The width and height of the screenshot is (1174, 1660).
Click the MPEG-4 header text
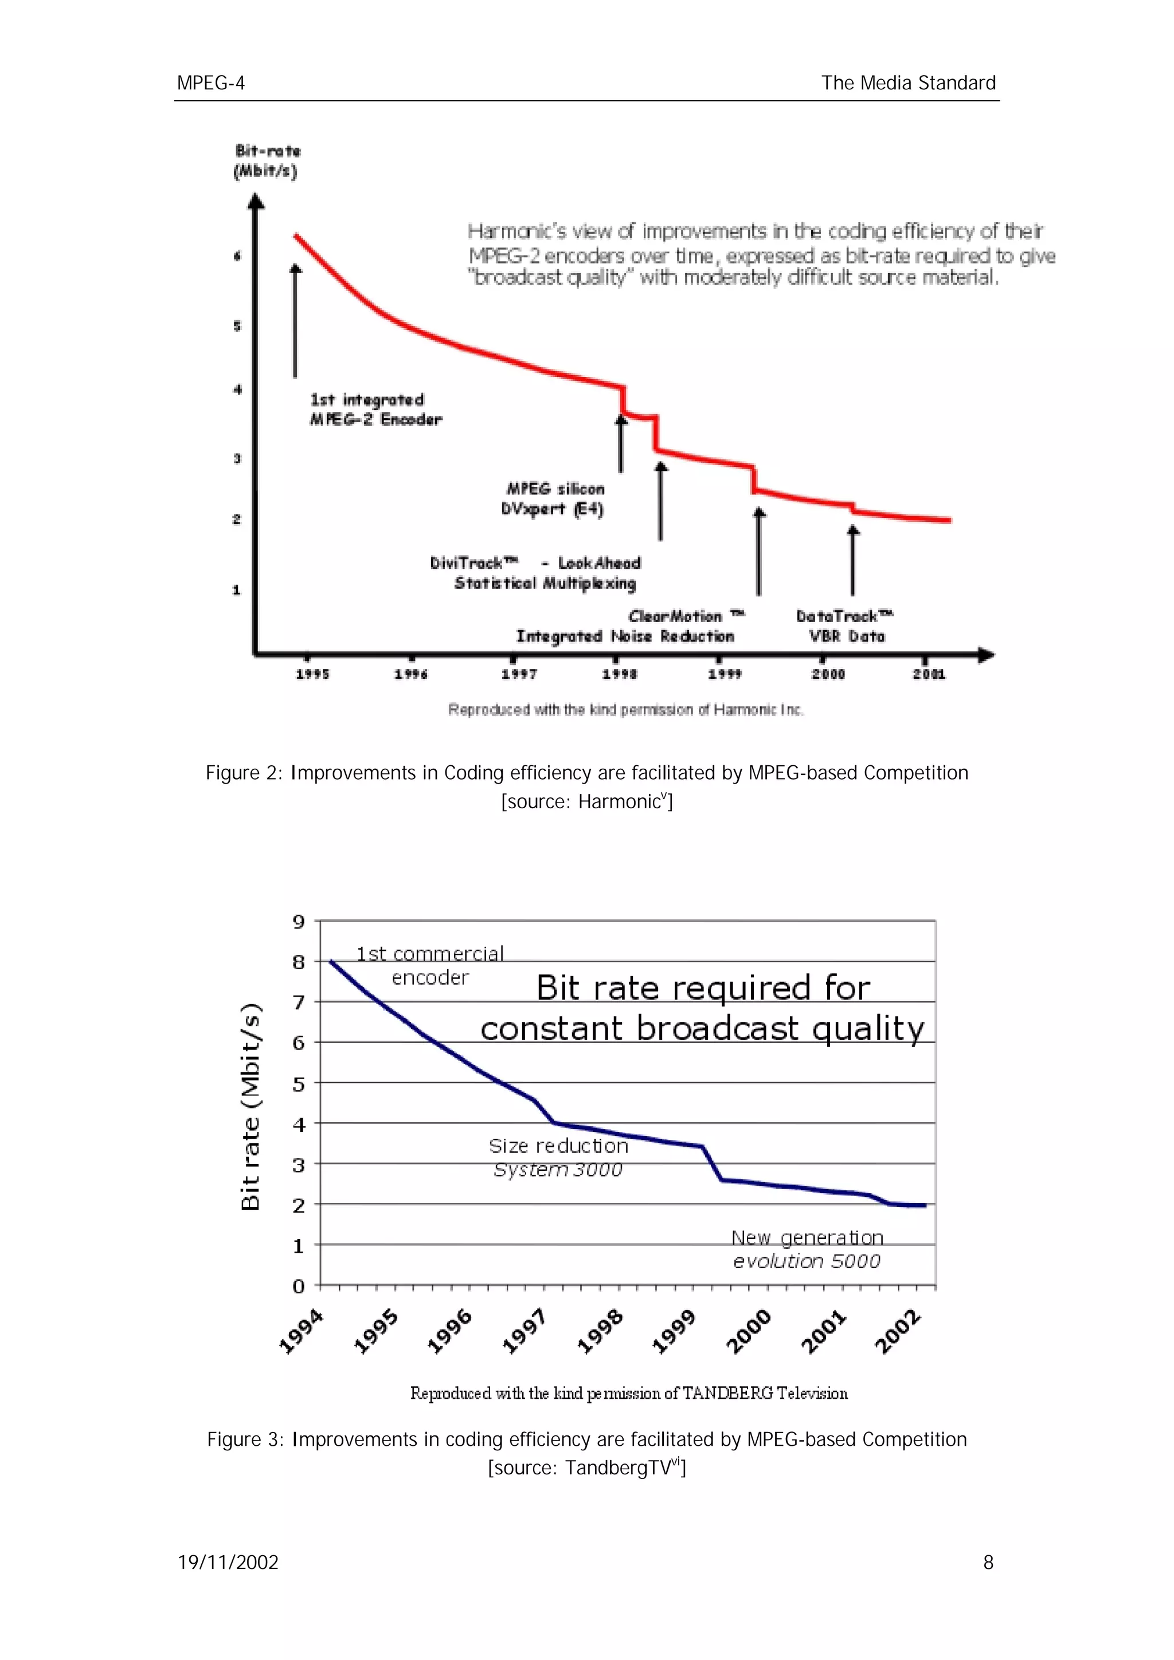pos(210,83)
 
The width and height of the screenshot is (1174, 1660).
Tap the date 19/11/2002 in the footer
pos(228,1563)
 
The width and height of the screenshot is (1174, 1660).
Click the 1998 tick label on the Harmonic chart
pos(620,674)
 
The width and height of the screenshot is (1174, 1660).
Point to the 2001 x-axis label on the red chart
pos(929,674)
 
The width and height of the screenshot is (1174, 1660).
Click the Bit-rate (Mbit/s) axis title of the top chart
pos(266,161)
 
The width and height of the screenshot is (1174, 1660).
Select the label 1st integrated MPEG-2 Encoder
pos(375,409)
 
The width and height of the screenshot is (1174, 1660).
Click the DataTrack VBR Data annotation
pos(845,626)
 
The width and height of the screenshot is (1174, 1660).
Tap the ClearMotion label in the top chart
pos(685,616)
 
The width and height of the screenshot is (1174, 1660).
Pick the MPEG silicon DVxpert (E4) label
pos(553,499)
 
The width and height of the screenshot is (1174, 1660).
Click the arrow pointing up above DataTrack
pos(854,560)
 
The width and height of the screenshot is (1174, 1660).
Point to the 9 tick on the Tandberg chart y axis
pos(299,922)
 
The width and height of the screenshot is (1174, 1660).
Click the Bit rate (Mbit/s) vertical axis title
pos(251,1106)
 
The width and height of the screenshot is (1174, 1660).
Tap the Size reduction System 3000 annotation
pos(558,1157)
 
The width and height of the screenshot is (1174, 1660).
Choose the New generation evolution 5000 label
pos(807,1249)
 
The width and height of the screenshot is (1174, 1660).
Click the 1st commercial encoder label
pos(431,965)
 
